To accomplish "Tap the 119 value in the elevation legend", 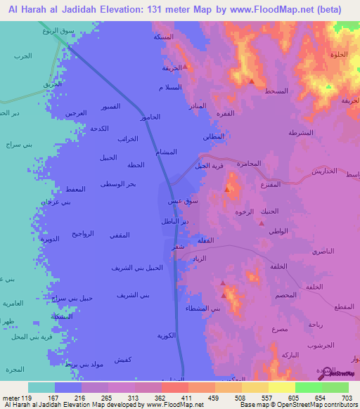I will (22, 397).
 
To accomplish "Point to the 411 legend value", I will (187, 397).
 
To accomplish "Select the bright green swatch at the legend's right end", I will (335, 387).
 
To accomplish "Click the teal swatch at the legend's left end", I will (41, 387).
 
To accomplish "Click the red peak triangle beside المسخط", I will (251, 82).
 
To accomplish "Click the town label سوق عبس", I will (179, 201).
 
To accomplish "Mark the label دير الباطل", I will (176, 221).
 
